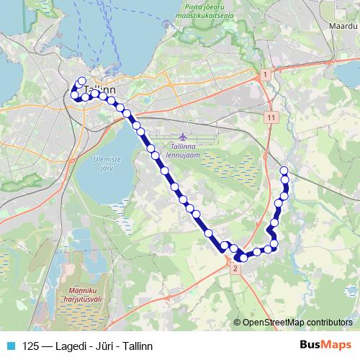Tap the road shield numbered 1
tap(265, 75)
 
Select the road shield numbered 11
tap(271, 117)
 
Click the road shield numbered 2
tap(235, 268)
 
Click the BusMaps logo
tap(324, 346)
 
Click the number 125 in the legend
tap(31, 346)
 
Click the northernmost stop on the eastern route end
tap(284, 170)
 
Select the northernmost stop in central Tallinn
tap(81, 81)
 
